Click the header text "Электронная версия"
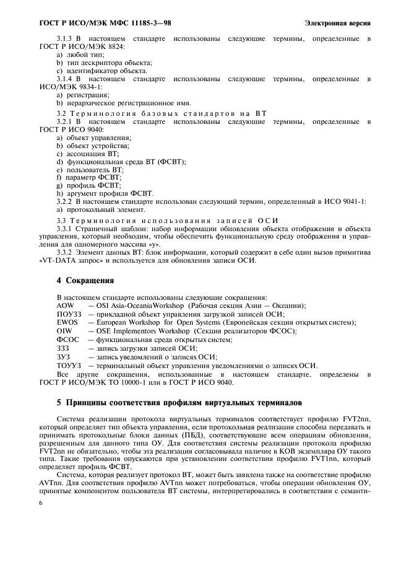[338, 24]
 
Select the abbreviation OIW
[64, 332]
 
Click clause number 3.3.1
[65, 228]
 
